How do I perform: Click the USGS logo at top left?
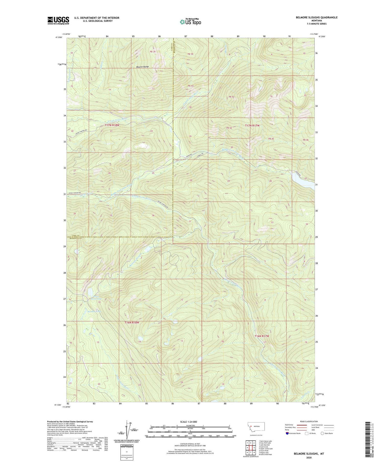point(58,20)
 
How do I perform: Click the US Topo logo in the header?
point(190,22)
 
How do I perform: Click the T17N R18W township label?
point(112,125)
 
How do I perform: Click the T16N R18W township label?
point(132,323)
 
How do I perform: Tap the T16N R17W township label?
point(262,336)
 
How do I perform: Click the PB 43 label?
point(190,86)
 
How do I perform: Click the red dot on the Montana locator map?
point(251,426)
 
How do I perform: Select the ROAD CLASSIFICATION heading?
point(309,421)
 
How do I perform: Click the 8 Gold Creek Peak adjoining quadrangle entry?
point(265,454)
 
